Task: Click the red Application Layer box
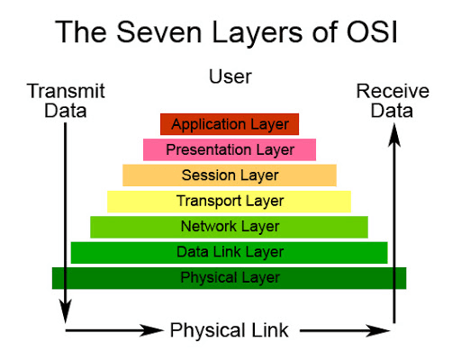click(x=230, y=124)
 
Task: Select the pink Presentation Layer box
click(x=230, y=149)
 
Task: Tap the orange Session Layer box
click(x=230, y=175)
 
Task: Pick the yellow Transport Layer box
click(x=230, y=201)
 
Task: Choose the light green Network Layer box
click(x=230, y=226)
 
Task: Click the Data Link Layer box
click(x=230, y=252)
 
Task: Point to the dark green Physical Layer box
click(x=230, y=277)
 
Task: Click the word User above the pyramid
click(x=230, y=76)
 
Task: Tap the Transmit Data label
click(x=66, y=101)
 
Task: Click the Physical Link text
click(x=230, y=330)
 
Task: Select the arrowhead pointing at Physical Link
click(x=155, y=330)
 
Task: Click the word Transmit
click(x=66, y=91)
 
